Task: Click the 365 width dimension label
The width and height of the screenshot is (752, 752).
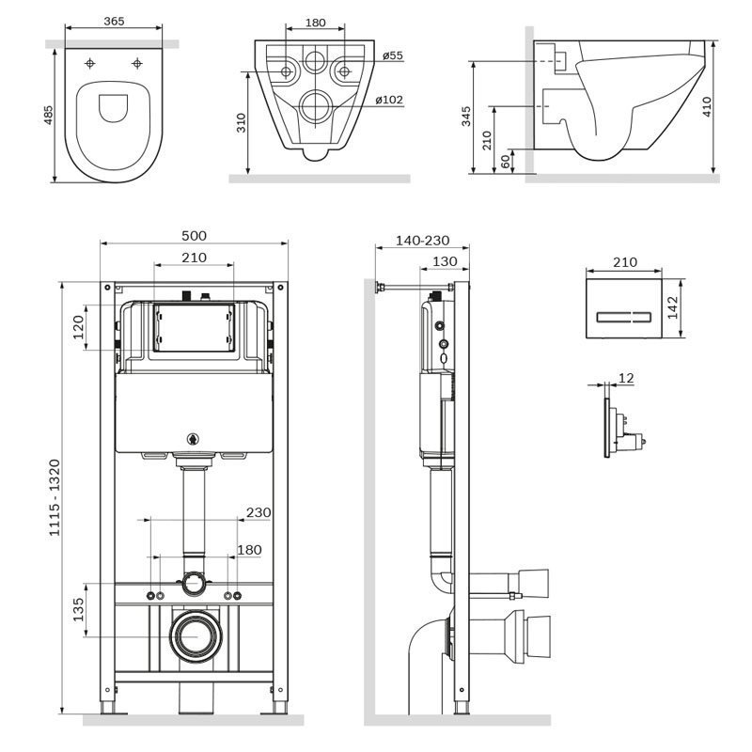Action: [x=114, y=21]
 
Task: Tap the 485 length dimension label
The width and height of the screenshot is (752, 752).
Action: [x=49, y=115]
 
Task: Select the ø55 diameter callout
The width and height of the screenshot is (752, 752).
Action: [x=393, y=55]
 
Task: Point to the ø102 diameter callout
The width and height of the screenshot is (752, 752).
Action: [x=389, y=100]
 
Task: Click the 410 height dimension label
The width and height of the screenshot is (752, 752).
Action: [x=707, y=106]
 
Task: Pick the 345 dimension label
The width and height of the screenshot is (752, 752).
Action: [x=466, y=117]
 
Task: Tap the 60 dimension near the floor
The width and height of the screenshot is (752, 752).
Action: [x=506, y=162]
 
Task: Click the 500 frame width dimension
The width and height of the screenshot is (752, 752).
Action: [x=194, y=236]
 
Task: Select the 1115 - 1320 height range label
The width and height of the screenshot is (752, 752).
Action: [x=55, y=497]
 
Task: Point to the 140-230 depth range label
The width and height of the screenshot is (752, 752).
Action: [x=422, y=240]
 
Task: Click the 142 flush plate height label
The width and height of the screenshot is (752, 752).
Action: [x=672, y=307]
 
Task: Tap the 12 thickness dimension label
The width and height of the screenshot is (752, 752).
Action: [x=626, y=379]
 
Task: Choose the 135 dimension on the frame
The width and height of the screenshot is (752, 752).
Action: [x=78, y=609]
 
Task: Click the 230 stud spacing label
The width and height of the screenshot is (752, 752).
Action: [x=258, y=512]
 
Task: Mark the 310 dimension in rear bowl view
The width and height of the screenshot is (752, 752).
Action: [x=241, y=123]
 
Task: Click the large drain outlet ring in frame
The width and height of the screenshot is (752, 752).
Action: [x=196, y=637]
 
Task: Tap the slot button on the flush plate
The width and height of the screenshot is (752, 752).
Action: [x=623, y=317]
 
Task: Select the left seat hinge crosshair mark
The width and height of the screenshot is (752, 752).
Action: [x=89, y=63]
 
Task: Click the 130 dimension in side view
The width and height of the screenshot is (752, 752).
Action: [x=445, y=261]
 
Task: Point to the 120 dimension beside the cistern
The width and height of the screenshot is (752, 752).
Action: [x=78, y=327]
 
